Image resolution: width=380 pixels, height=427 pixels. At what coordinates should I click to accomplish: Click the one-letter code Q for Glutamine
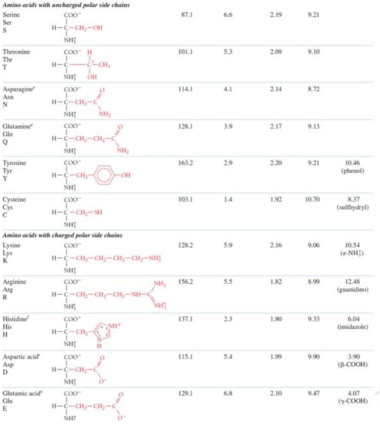5,140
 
